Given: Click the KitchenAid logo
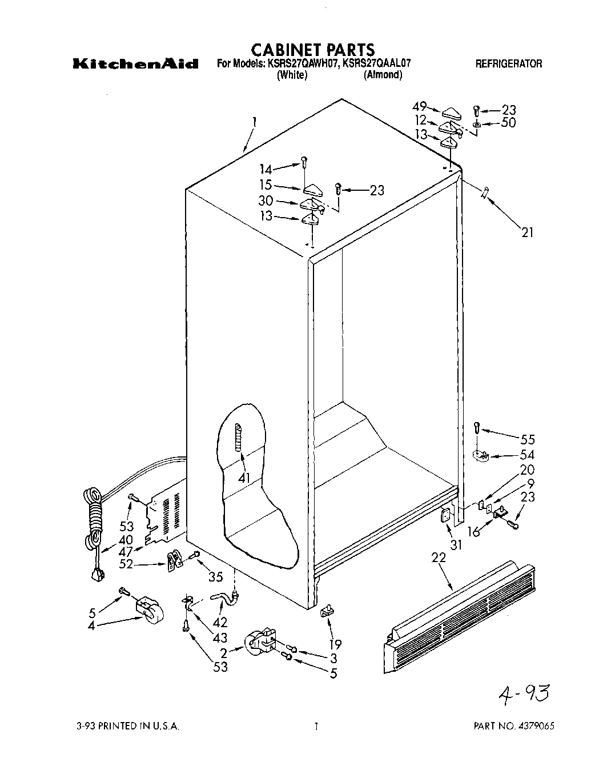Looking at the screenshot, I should [x=135, y=63].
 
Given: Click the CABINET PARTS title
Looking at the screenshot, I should [x=313, y=50].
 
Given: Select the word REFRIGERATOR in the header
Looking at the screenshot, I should [x=509, y=64].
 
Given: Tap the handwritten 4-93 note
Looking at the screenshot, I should [x=523, y=695].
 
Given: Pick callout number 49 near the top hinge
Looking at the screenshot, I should [x=420, y=106].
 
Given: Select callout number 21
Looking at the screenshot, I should [x=527, y=232].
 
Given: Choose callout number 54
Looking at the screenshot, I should [x=527, y=455].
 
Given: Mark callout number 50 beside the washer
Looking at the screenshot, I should [x=508, y=123].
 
